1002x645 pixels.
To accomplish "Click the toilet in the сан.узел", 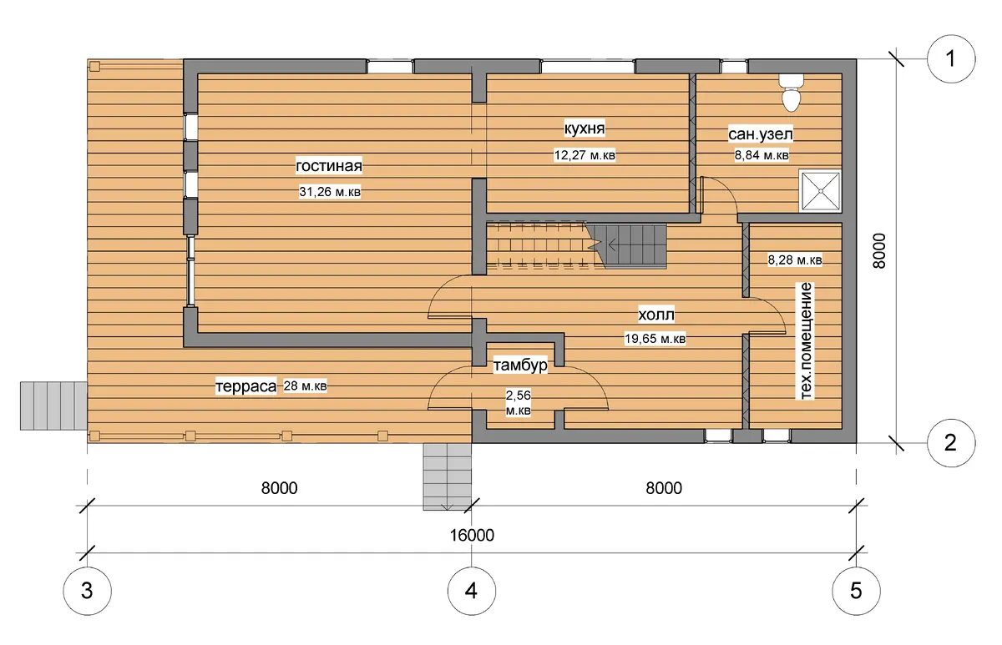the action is point(791,93).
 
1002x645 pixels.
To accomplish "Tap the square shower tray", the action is point(820,191).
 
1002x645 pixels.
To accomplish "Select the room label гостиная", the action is point(329,166).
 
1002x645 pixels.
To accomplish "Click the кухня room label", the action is point(584,128).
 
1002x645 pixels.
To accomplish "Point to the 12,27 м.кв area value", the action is point(584,155).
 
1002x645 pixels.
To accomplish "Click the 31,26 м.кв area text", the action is point(330,192).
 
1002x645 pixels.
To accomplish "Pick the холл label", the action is point(655,315).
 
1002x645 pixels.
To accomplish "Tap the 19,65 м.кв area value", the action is point(655,339).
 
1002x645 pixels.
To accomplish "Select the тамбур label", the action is point(520,365).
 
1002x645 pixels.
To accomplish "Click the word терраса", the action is point(246,385).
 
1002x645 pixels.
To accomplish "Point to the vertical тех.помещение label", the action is point(805,340).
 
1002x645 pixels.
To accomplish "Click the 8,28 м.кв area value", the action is point(795,260).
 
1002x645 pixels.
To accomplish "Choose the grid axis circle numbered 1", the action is point(951,58).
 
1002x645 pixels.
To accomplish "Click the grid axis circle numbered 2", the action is point(951,442).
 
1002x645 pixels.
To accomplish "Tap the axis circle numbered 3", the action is point(87,591).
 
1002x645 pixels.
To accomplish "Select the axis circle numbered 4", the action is point(472,591).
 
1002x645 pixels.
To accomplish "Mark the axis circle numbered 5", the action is point(856,591).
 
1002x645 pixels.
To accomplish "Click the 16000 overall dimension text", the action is point(472,535).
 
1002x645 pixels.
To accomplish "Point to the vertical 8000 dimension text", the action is point(879,251).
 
